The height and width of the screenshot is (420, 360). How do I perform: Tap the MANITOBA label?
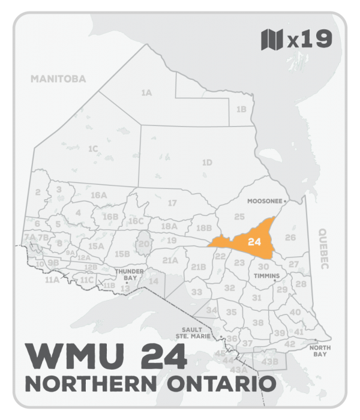click(59, 79)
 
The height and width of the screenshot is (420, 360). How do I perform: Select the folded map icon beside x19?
click(272, 40)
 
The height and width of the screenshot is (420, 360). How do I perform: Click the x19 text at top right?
click(309, 40)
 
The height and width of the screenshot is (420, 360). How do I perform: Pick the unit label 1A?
click(146, 93)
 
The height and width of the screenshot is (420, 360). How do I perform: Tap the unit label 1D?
click(207, 163)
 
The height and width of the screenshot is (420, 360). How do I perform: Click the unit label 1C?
click(93, 148)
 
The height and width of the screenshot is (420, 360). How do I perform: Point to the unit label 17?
click(172, 203)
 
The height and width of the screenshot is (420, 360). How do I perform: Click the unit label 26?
click(290, 238)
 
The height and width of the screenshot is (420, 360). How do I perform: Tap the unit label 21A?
click(170, 260)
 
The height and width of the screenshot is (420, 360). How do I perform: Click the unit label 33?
click(197, 292)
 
